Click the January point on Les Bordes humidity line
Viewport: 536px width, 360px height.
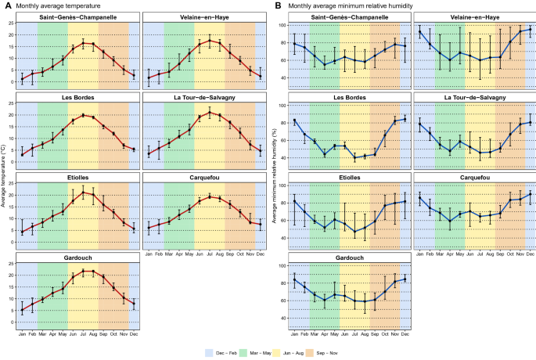[294, 121]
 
